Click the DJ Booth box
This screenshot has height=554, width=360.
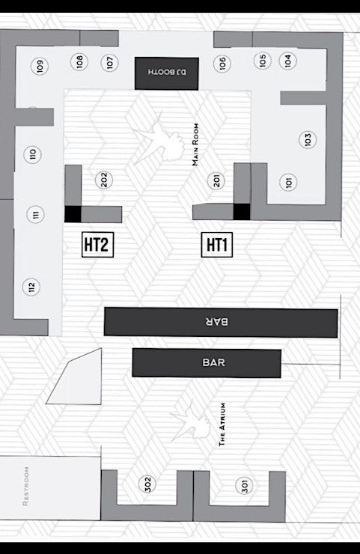pos(166,73)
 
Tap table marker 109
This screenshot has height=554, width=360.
pos(40,66)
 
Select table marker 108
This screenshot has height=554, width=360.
pos(79,62)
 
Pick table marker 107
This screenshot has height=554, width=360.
pos(109,63)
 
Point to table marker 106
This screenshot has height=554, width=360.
pos(222,64)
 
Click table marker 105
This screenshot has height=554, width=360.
pos(263,61)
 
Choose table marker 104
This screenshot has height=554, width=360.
pos(288,61)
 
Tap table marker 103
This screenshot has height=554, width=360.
pos(308,139)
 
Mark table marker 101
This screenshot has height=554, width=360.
pos(288,183)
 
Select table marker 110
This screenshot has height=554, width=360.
pos(32,154)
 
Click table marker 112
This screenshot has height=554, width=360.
pos(31,287)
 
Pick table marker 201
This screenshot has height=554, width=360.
pos(216,180)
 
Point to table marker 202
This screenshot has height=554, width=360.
pos(104,180)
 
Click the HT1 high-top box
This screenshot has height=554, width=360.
pos(217,245)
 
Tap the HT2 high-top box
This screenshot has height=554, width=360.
pos(97,245)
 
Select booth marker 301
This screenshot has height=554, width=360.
pos(244,485)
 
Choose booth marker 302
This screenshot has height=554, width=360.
pos(147,484)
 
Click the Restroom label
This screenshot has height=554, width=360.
pos(25,486)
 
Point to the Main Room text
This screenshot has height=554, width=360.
pos(195,144)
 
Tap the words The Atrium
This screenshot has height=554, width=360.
pos(222,424)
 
